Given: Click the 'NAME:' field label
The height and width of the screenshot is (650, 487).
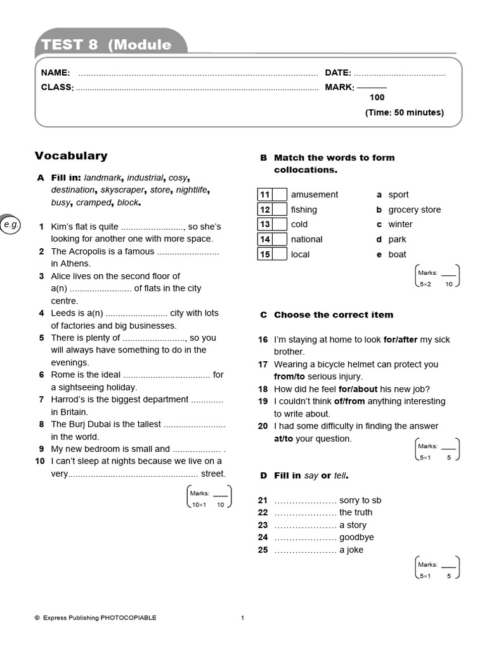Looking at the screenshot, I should coord(55,73).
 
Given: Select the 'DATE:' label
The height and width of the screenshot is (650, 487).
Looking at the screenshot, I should coord(338,73).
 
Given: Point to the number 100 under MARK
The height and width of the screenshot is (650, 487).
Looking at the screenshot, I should coord(377,98).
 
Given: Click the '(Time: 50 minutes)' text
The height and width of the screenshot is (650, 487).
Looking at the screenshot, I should coord(404,112).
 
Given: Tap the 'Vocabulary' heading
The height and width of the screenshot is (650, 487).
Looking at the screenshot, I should coord(71,156).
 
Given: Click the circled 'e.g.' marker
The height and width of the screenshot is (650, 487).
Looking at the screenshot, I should coord(11,225).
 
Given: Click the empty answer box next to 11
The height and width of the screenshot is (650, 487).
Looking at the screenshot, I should coord(280,195).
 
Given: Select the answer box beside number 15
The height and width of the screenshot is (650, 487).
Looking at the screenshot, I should coord(280,255).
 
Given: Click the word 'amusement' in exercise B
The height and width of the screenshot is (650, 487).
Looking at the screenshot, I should coord(314,195).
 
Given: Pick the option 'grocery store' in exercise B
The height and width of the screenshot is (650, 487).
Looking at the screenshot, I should coord(414,209).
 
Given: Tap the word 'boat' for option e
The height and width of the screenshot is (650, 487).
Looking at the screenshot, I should coord(397,255).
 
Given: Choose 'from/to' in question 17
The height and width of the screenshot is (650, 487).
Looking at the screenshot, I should coord(287,376).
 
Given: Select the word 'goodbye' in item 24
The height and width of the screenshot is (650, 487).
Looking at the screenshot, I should coord(356,537).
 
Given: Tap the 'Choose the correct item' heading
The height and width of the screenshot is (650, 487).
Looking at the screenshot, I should coord(334,315).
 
